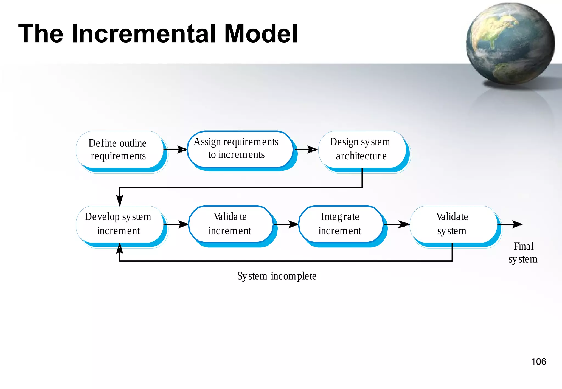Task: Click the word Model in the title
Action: coord(261,33)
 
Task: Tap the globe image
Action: coord(510,44)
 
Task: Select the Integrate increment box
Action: coord(340,224)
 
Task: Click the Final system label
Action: coord(523,253)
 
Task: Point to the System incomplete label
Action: coord(277,276)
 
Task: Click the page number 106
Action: coord(538,362)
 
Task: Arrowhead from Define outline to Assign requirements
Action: coord(182,150)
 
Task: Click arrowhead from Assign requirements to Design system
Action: coord(312,150)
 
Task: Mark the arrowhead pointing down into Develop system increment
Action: coord(120,200)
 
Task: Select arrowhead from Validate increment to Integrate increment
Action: coord(293,224)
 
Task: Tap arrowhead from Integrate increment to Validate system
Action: coord(404,224)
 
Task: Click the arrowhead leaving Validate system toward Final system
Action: coord(518,224)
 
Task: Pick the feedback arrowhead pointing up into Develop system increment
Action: coord(120,248)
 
